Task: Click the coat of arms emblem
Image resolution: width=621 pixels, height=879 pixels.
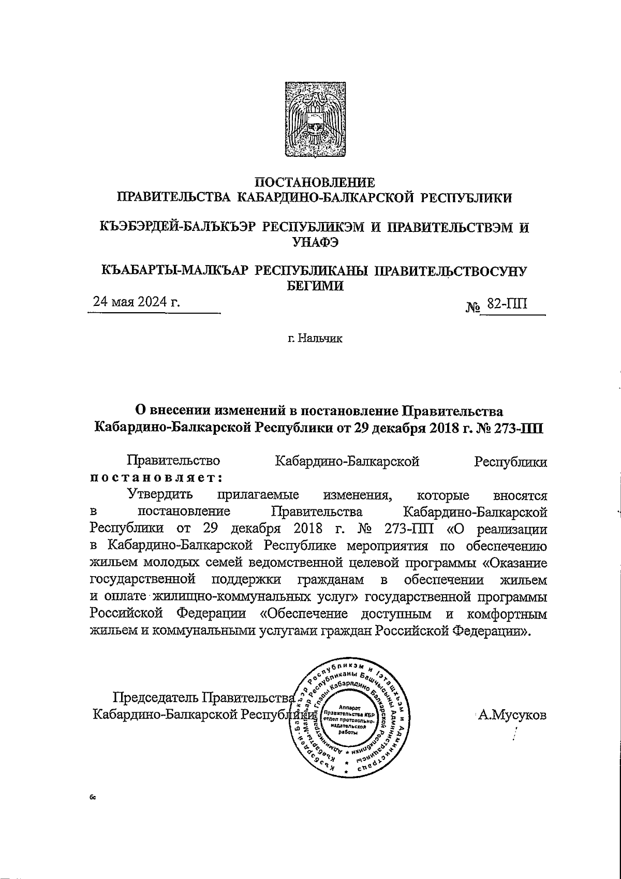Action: point(315,120)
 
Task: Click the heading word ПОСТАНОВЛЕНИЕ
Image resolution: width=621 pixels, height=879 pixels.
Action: point(315,183)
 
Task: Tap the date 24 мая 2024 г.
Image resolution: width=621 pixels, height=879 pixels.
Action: point(136,302)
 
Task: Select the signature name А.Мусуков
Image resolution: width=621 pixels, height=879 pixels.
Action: point(512,715)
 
